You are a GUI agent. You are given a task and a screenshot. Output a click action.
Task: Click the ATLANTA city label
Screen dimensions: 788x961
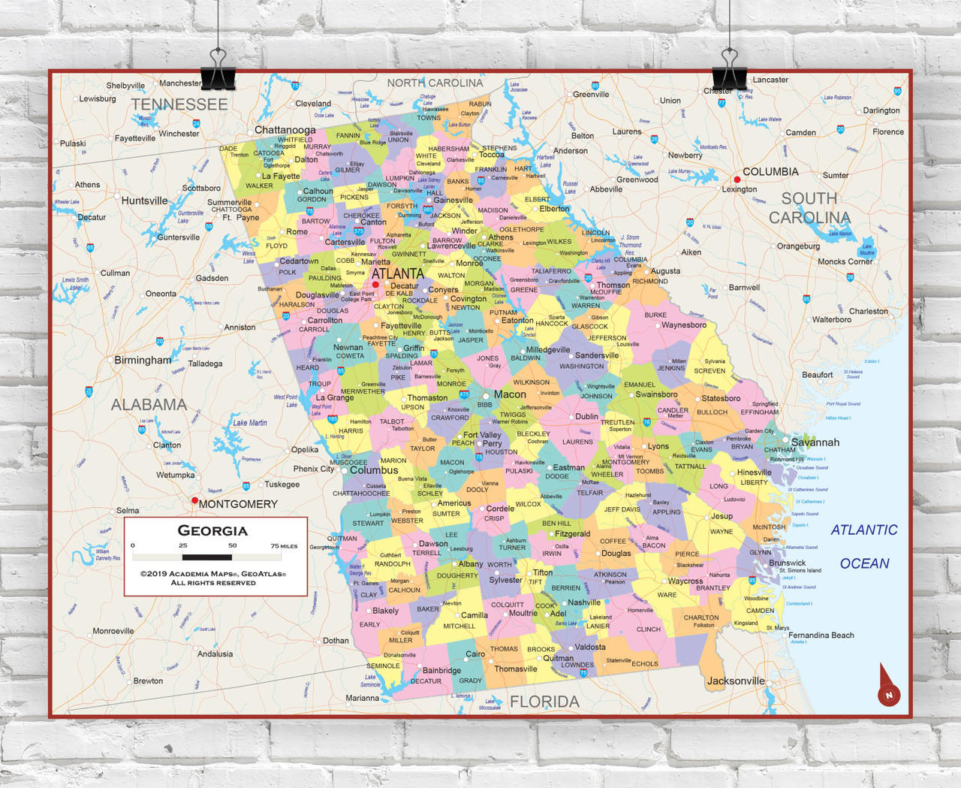397,273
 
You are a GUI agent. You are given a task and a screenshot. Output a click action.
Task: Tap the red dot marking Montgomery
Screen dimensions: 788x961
194,500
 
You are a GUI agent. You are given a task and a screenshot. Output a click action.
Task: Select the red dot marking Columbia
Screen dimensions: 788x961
737,180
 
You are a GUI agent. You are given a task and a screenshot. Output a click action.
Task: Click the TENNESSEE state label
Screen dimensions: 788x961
179,104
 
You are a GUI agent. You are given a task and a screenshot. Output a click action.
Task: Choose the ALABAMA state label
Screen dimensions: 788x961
149,405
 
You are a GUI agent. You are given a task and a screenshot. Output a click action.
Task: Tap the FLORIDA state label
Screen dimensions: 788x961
544,702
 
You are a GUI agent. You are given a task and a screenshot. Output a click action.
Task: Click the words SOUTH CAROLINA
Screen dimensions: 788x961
809,208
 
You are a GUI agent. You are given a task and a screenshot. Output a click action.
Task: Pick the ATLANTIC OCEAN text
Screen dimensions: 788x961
864,546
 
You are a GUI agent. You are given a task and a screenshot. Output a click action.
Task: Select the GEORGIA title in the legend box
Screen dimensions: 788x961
212,530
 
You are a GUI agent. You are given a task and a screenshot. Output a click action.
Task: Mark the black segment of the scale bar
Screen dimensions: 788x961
207,557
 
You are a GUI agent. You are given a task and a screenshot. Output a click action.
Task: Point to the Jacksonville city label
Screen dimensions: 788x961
736,681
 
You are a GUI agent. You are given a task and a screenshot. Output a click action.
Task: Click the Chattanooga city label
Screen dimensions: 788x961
285,130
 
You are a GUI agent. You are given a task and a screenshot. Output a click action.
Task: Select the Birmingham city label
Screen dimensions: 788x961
143,360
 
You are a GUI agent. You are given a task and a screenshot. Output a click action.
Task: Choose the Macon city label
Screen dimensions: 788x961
510,394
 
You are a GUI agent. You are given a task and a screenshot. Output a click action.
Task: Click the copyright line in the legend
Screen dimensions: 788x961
213,574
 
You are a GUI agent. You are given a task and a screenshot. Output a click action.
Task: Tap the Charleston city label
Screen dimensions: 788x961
868,311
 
